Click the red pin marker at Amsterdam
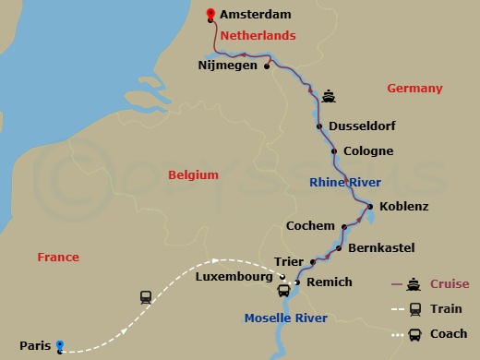pos(211,14)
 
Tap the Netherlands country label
pos(257,35)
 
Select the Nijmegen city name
pos(228,66)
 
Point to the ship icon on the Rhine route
pos(329,95)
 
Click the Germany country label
pos(415,89)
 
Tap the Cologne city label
pos(368,150)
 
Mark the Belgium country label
pos(194,174)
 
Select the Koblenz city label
pos(404,207)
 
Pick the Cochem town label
pos(311,225)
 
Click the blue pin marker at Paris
pos(60,345)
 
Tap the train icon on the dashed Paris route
pos(146,297)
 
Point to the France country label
pos(58,257)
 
